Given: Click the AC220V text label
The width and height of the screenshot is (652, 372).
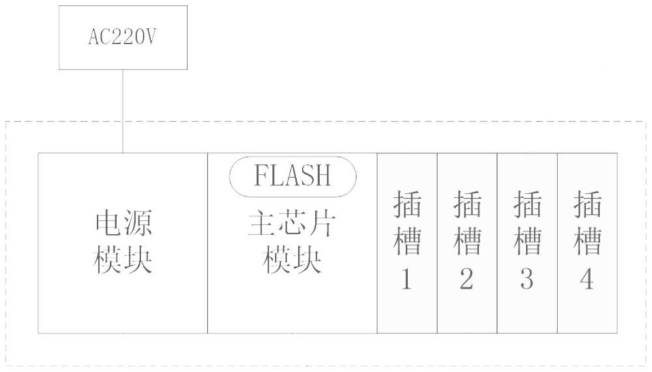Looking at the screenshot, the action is (123, 37).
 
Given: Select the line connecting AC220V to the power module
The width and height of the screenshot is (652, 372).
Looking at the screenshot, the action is (123, 111).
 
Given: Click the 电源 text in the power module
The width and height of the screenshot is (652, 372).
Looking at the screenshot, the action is (123, 223).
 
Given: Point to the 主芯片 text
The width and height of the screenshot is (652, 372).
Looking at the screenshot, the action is (292, 225).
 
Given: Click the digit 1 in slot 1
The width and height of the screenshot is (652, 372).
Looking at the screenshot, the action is (406, 279).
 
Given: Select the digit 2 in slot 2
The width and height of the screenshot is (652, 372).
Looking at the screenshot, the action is (467, 279).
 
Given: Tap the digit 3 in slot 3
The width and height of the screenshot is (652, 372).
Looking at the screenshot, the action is (527, 279).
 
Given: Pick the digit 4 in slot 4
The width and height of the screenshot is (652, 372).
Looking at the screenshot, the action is (587, 279).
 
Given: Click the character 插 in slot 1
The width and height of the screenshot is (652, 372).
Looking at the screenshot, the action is (407, 204).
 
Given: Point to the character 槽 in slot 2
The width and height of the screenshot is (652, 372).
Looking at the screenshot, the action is (467, 241).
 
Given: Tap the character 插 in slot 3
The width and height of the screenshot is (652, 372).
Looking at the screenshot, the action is (527, 204).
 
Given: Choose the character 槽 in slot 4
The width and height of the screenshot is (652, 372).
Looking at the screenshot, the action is (587, 241).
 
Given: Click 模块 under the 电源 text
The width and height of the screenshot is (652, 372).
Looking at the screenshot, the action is (123, 260).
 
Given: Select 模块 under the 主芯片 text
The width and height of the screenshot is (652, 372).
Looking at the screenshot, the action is (292, 260).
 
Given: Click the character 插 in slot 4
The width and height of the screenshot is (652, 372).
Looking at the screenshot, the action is (587, 204).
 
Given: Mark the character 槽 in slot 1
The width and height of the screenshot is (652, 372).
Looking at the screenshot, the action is (407, 241).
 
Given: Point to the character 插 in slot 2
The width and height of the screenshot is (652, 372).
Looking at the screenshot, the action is (467, 204).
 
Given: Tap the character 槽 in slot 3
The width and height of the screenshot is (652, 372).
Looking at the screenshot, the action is (527, 241).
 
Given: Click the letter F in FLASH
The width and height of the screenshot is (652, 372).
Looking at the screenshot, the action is (261, 175).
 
